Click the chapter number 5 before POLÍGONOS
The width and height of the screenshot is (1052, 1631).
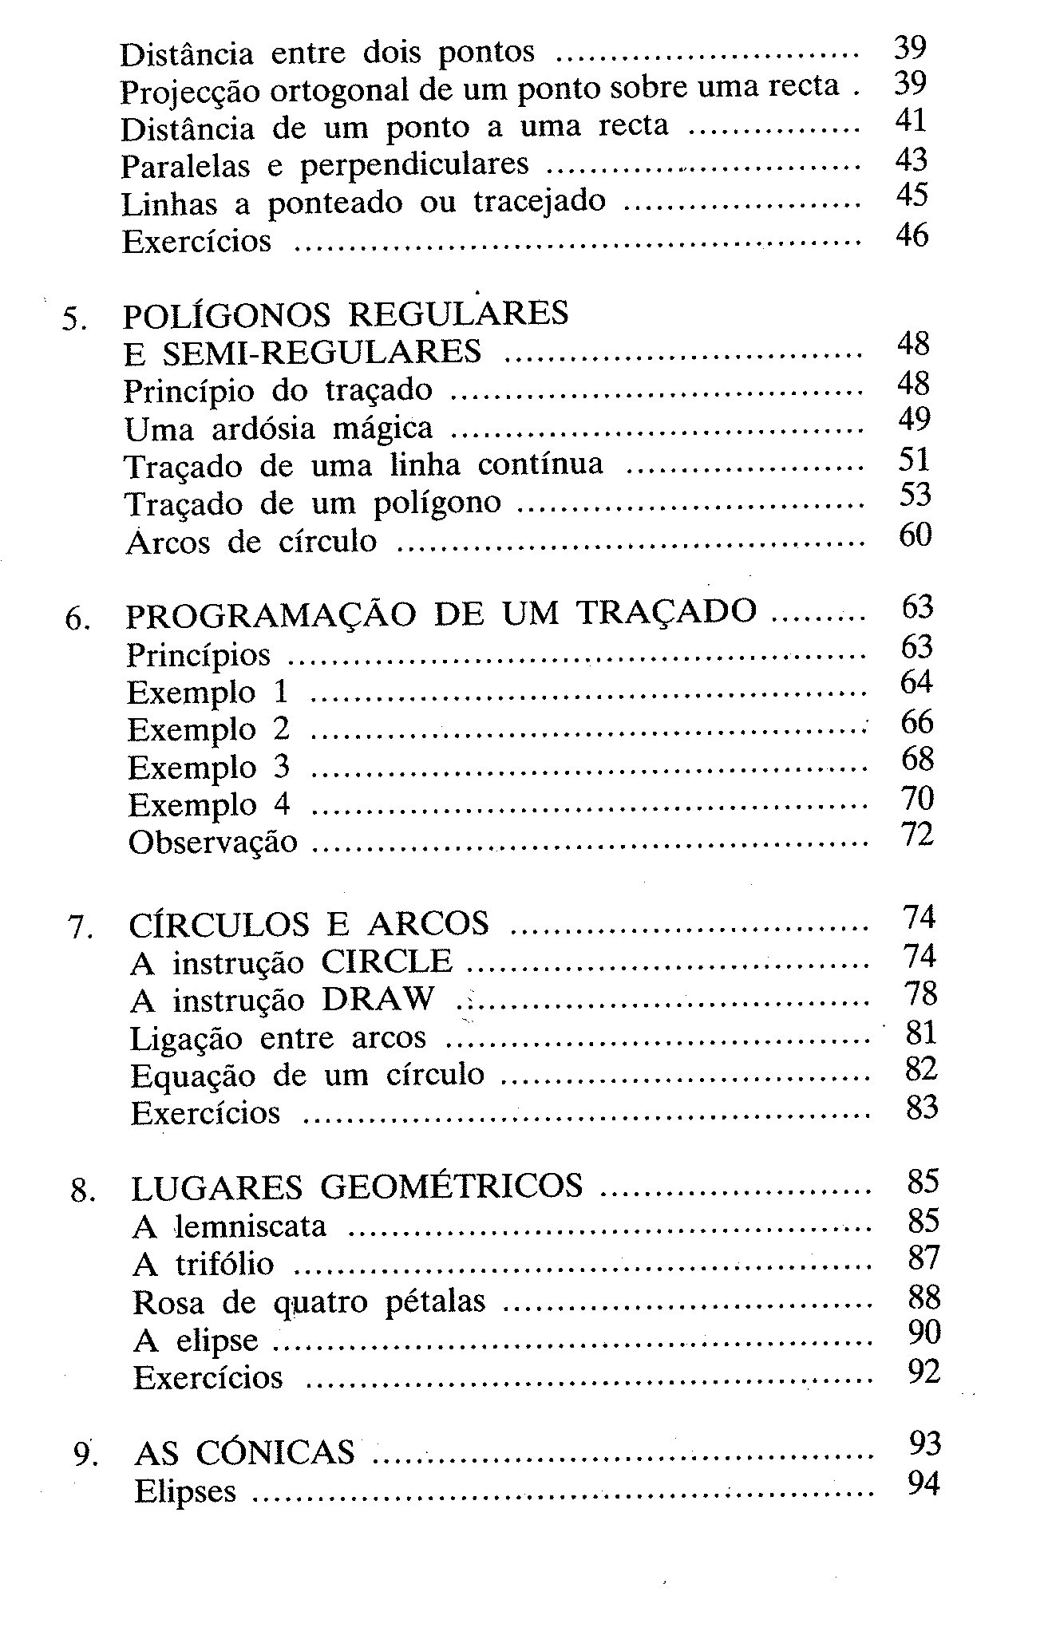tap(73, 318)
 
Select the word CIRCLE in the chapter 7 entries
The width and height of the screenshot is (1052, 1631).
tap(386, 962)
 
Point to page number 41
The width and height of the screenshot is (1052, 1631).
tap(911, 120)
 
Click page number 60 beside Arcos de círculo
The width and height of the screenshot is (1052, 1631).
tap(915, 535)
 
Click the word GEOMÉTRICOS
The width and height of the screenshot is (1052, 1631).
tap(451, 1187)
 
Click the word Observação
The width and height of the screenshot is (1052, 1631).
tap(212, 843)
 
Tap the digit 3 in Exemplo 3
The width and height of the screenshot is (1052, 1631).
tap(281, 767)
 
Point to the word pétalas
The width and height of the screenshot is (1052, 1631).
tap(435, 1301)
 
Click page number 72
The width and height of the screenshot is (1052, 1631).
tap(917, 835)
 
